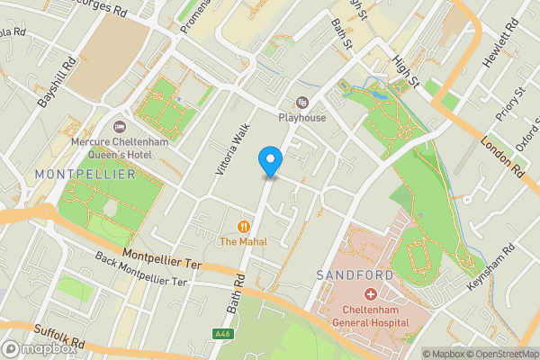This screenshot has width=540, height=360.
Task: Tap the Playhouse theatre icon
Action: [301, 103]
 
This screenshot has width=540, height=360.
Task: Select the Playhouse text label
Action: [301, 118]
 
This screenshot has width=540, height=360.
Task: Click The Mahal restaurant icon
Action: [243, 227]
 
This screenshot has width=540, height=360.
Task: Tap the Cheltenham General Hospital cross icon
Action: [370, 294]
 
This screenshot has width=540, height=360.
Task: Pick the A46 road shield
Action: [221, 334]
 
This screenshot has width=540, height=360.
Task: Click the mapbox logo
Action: [38, 349]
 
